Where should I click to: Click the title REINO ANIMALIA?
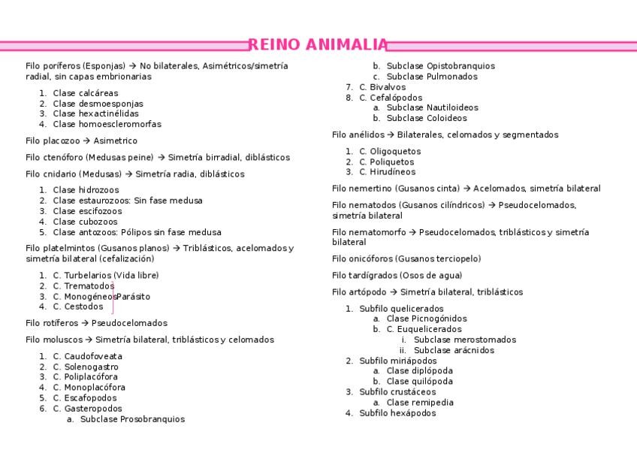pos(318,45)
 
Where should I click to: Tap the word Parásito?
pos(133,296)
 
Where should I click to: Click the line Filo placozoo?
pos(81,140)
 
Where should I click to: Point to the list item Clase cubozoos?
pos(85,222)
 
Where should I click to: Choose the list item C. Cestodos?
pos(78,307)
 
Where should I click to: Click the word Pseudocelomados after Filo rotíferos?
pos(129,323)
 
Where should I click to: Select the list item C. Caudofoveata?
pos(87,356)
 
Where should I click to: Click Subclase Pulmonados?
pos(431,76)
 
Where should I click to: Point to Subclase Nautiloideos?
pos(432,107)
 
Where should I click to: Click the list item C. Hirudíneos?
pos(387,172)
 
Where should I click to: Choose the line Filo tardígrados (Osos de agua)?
pos(397,275)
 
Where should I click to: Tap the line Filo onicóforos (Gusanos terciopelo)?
pos(406,258)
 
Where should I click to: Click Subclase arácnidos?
pos(454,350)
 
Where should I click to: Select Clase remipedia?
pos(420,402)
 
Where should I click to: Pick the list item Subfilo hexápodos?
pos(397,412)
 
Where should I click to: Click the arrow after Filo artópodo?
pos(393,291)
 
